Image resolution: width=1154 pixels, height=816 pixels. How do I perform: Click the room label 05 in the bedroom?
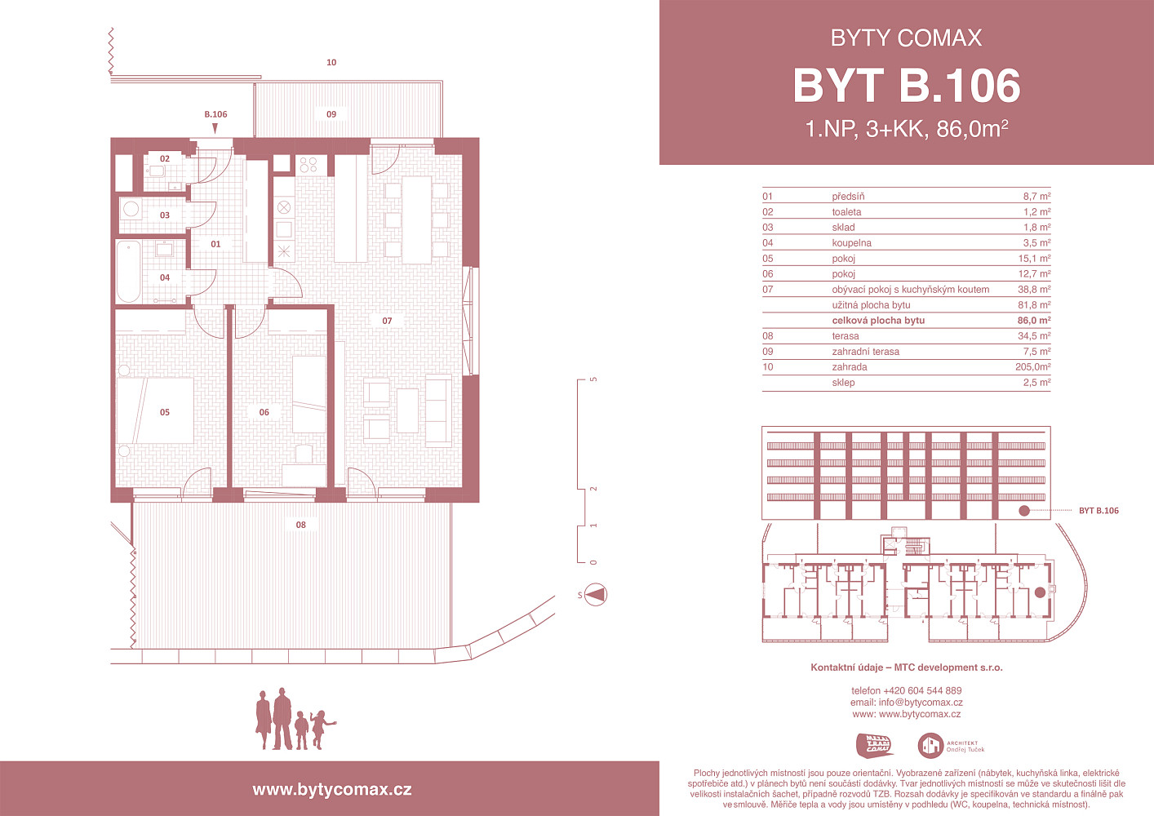tap(164, 412)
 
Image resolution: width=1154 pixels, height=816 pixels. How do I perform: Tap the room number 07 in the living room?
tap(387, 321)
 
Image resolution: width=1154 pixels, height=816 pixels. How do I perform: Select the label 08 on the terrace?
tap(301, 525)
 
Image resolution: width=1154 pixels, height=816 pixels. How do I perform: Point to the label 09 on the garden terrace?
tap(331, 114)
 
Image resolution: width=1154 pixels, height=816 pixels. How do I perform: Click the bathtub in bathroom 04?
tap(128, 272)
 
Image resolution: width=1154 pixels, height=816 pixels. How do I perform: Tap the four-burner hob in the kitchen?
tap(308, 165)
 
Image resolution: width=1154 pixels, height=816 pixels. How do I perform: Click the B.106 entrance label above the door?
tap(215, 114)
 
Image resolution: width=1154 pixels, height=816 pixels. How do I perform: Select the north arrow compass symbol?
tap(596, 595)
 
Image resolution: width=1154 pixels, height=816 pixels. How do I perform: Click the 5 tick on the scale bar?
tap(593, 379)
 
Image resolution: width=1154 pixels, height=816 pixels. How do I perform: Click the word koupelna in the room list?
tap(851, 243)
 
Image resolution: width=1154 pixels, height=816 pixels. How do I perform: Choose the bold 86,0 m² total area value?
tap(1034, 321)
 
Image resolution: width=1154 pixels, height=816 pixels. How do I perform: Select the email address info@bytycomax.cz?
tap(921, 702)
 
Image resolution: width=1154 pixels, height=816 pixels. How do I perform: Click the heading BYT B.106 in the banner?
tap(906, 86)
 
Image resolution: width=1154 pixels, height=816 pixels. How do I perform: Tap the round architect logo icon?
tap(930, 746)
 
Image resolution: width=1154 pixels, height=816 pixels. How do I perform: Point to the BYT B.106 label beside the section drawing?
tap(1099, 511)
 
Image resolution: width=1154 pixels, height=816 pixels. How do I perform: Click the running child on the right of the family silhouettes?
tap(322, 730)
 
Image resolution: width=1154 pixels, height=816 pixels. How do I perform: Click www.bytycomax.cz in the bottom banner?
tap(332, 790)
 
